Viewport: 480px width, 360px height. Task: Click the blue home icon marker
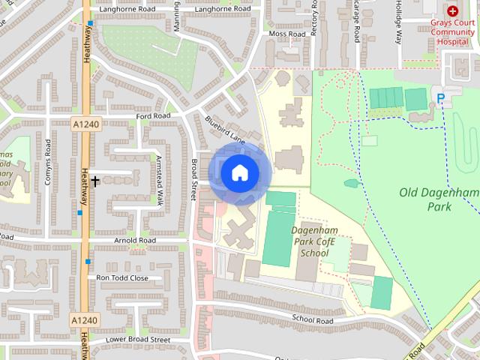(239, 173)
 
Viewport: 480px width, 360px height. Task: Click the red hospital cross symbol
(452, 11)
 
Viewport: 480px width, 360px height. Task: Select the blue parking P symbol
(441, 97)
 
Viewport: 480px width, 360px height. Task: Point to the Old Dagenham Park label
(439, 199)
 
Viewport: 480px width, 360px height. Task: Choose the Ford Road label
(154, 116)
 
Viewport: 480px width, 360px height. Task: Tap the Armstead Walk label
(159, 180)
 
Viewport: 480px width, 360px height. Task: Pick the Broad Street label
(193, 175)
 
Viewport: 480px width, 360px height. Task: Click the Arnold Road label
(135, 241)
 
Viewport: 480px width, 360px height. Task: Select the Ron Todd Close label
(122, 277)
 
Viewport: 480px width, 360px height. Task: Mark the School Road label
(313, 319)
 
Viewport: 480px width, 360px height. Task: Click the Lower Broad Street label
(138, 339)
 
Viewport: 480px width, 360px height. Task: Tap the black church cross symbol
(95, 181)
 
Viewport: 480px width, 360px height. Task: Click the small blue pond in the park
(351, 183)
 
